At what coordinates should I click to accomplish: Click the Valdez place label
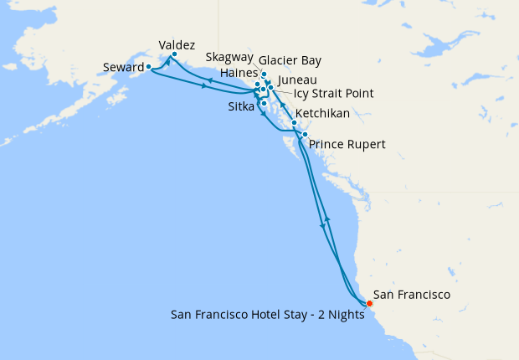pyautogui.click(x=177, y=44)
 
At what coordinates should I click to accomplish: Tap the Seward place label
pyautogui.click(x=122, y=67)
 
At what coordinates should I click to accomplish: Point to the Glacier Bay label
pyautogui.click(x=290, y=61)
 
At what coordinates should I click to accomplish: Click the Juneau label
pyautogui.click(x=297, y=78)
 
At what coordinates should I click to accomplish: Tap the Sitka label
pyautogui.click(x=242, y=107)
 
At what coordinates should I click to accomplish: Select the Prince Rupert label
pyautogui.click(x=347, y=145)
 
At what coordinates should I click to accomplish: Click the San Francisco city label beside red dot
pyautogui.click(x=412, y=295)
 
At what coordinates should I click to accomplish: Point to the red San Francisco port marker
pyautogui.click(x=369, y=303)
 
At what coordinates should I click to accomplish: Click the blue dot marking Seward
pyautogui.click(x=148, y=66)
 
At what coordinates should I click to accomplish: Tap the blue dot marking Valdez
pyautogui.click(x=173, y=55)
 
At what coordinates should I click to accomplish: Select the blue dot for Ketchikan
pyautogui.click(x=294, y=123)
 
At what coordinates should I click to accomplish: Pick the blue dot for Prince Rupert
pyautogui.click(x=305, y=135)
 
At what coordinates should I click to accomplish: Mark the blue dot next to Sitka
pyautogui.click(x=264, y=103)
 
